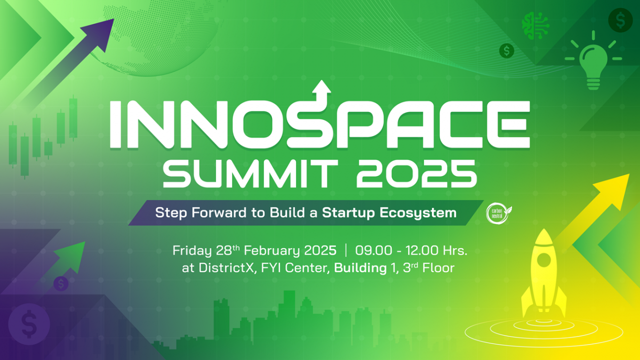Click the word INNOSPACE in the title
[320, 125]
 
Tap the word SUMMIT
[250, 173]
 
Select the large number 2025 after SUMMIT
[417, 173]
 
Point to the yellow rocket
[543, 274]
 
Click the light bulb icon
[594, 61]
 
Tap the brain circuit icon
[535, 26]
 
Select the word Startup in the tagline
[348, 213]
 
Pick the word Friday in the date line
[192, 251]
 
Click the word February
[271, 251]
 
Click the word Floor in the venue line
[438, 268]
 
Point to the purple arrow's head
[101, 33]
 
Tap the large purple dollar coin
[29, 324]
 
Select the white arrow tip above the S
[322, 86]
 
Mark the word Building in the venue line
[361, 268]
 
